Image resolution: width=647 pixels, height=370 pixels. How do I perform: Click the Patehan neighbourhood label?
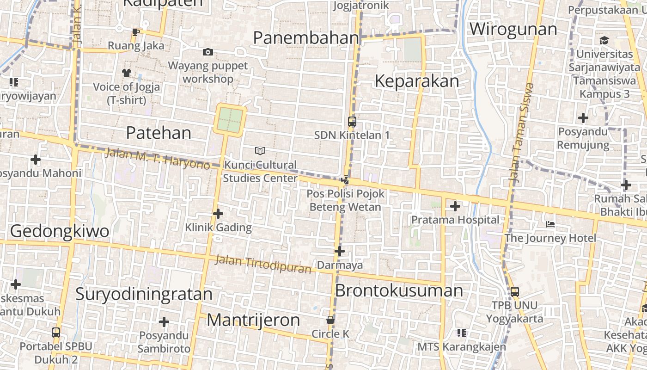159,133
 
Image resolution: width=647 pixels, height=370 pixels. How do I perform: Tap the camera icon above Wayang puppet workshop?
208,52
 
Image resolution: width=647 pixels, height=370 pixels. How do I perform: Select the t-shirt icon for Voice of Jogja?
126,73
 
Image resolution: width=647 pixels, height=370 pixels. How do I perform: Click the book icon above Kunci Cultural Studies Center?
260,151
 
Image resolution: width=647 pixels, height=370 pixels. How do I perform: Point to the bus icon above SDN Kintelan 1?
352,122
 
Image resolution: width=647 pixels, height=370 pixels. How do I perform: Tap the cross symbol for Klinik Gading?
218,214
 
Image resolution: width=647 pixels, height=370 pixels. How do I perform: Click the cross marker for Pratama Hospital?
455,206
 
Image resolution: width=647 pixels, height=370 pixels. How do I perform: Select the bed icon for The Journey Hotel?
550,224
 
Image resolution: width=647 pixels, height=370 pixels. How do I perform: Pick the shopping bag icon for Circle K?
330,320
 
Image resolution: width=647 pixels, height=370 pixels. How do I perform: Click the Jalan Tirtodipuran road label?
263,264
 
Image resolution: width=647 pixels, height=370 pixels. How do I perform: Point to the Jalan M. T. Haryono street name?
158,158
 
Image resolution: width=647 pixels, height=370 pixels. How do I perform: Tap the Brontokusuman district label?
399,290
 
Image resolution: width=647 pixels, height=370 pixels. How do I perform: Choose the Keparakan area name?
417,81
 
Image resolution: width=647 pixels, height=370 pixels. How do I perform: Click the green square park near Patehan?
230,119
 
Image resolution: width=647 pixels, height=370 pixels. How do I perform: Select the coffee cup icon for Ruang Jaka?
135,32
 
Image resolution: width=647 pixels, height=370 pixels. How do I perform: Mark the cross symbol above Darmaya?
340,251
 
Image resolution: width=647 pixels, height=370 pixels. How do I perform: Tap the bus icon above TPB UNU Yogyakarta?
514,292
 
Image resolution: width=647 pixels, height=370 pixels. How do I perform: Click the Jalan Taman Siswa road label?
521,132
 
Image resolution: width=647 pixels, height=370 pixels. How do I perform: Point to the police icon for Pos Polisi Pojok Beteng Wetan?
345,180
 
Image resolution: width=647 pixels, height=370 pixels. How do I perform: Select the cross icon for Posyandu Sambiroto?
164,322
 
